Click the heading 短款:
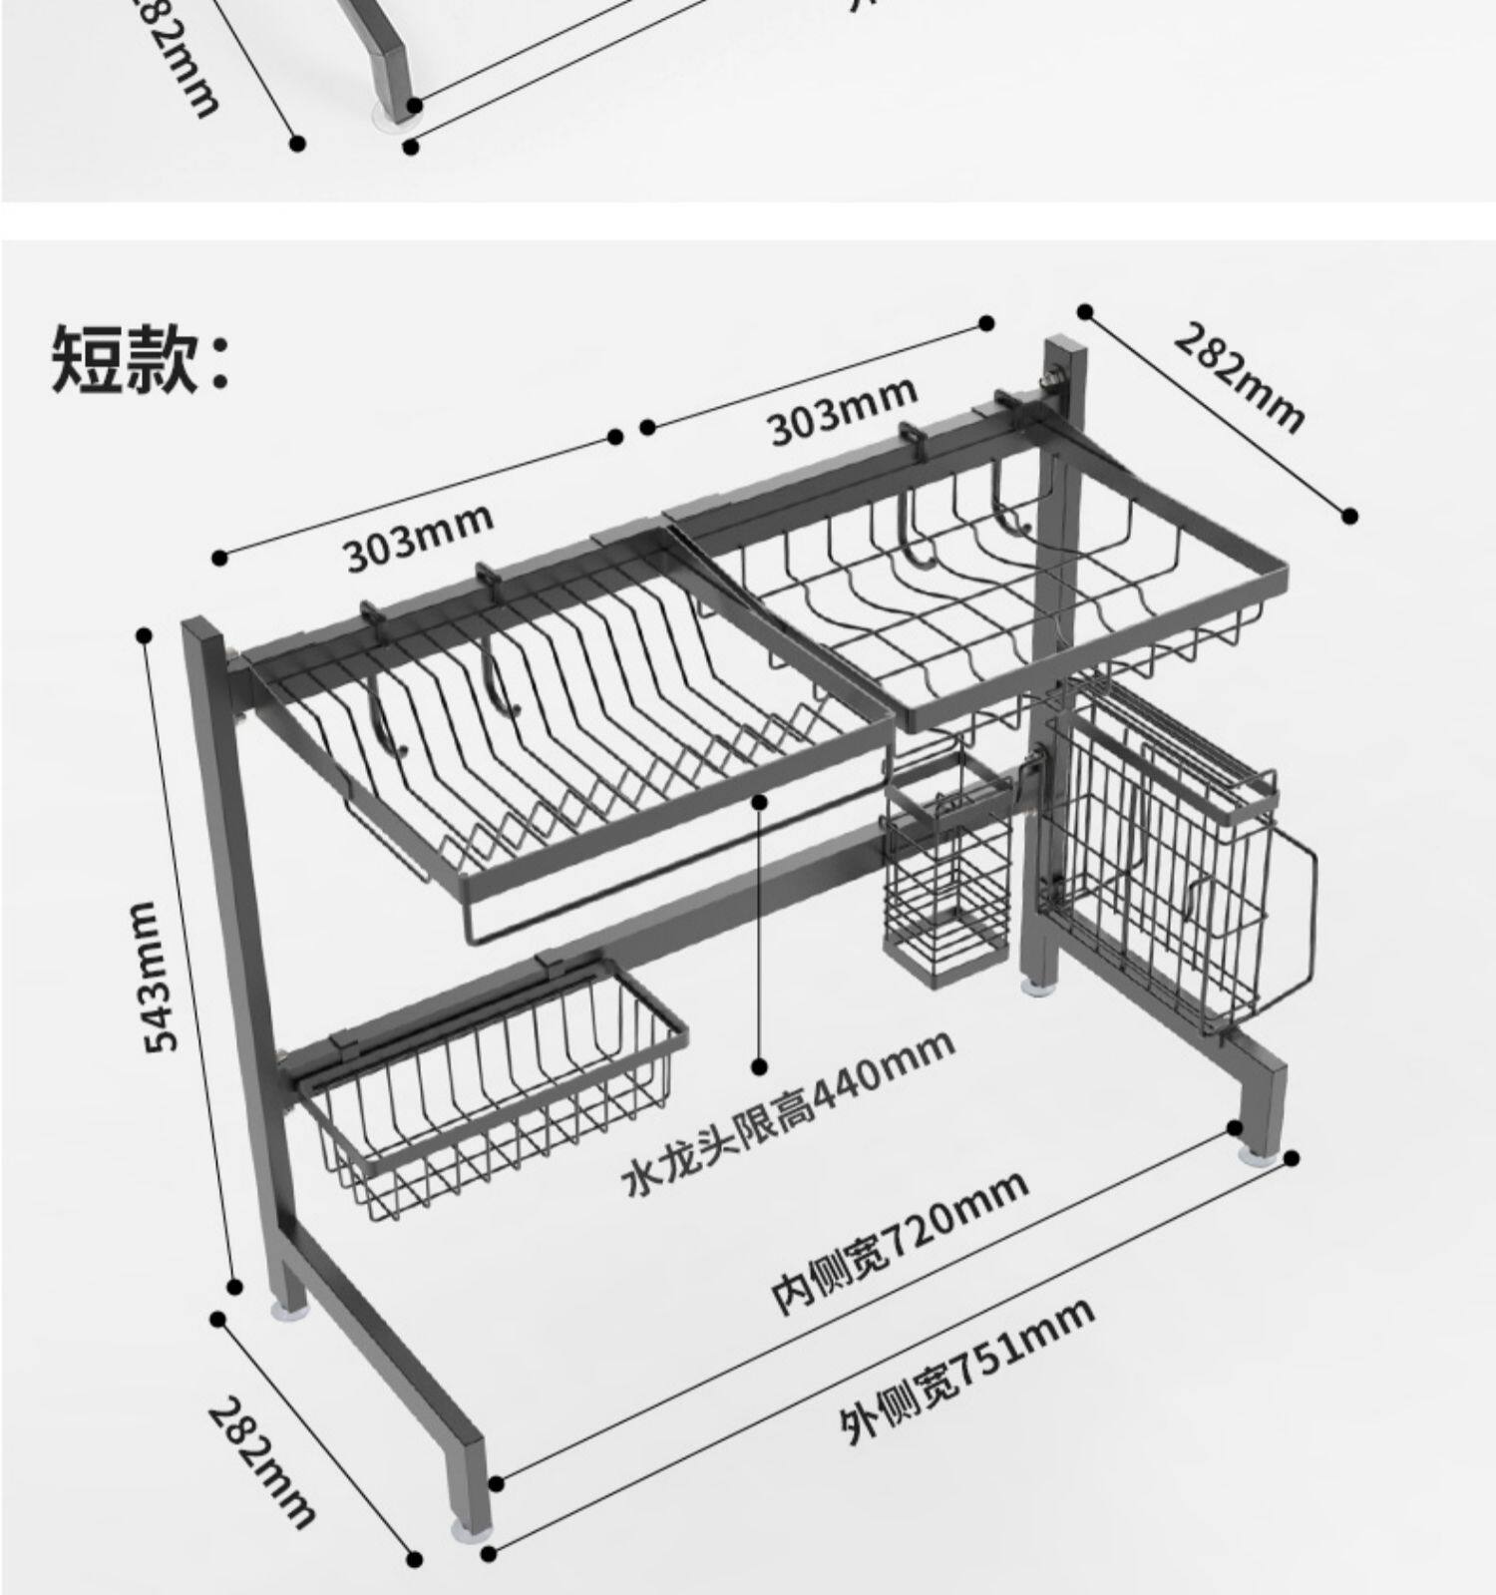(140, 356)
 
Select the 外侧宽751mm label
(964, 1371)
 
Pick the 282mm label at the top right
(1238, 377)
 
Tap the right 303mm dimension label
(842, 410)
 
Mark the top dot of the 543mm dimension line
(145, 634)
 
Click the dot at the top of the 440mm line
(760, 799)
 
